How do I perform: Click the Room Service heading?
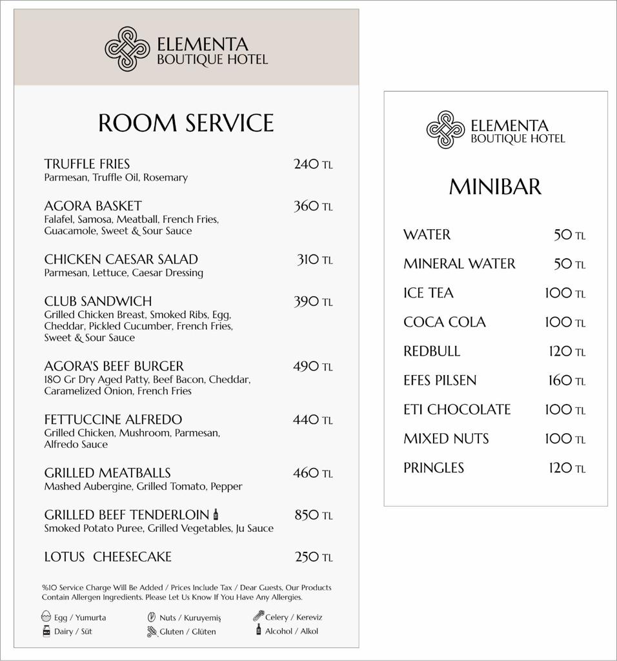pyautogui.click(x=186, y=123)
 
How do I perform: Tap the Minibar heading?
pyautogui.click(x=495, y=187)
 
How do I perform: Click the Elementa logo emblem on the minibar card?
pyautogui.click(x=445, y=130)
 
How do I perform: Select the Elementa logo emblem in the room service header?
pyautogui.click(x=127, y=49)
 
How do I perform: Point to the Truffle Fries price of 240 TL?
pyautogui.click(x=313, y=165)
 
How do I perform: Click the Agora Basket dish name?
pyautogui.click(x=93, y=206)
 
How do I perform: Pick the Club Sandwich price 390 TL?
pyautogui.click(x=313, y=301)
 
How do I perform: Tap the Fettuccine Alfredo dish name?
pyautogui.click(x=113, y=420)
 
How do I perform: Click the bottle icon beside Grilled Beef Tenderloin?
pyautogui.click(x=216, y=514)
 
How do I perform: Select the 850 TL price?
pyautogui.click(x=313, y=515)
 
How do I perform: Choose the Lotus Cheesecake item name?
pyautogui.click(x=108, y=556)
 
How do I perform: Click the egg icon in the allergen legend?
pyautogui.click(x=46, y=616)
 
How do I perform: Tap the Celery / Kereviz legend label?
pyautogui.click(x=294, y=617)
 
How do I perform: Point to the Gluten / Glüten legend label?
pyautogui.click(x=188, y=631)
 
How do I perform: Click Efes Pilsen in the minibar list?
pyautogui.click(x=440, y=380)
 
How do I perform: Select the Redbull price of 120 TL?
pyautogui.click(x=566, y=351)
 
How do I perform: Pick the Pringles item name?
pyautogui.click(x=434, y=467)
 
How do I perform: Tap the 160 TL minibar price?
pyautogui.click(x=566, y=380)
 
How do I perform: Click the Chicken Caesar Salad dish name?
pyautogui.click(x=121, y=259)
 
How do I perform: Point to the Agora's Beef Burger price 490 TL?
pyautogui.click(x=313, y=367)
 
